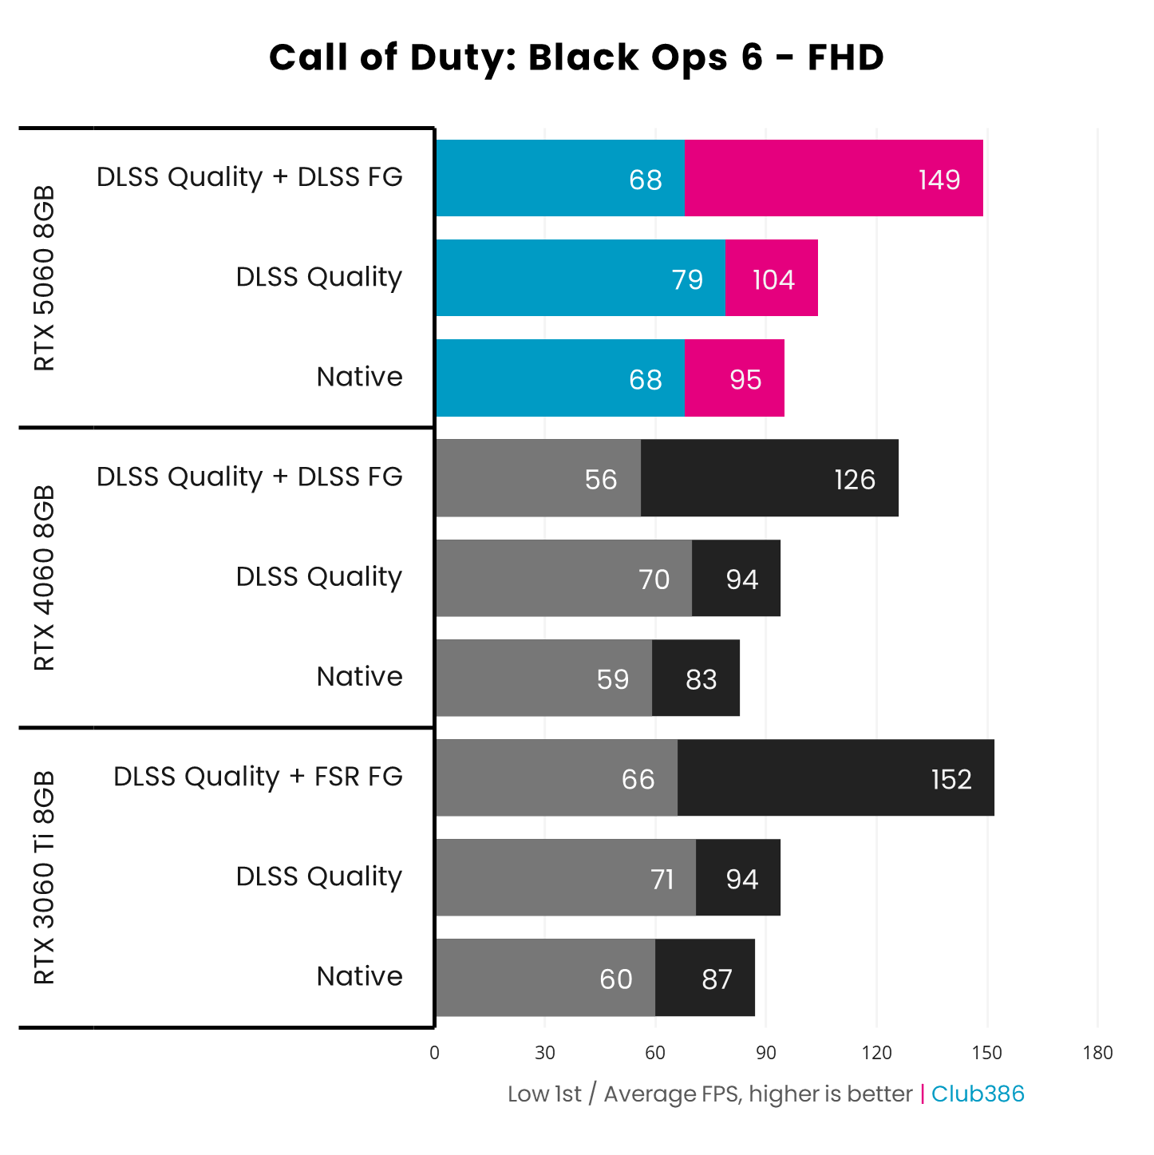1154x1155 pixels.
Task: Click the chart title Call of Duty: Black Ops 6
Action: point(576,57)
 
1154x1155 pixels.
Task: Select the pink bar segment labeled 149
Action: point(833,178)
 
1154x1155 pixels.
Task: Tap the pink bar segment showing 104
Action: point(772,279)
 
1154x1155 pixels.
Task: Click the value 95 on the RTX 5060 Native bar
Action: point(745,379)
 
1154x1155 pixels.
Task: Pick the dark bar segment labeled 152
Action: point(836,778)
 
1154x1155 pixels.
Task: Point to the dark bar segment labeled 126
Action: point(769,478)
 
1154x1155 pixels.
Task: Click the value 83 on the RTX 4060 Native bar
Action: point(701,679)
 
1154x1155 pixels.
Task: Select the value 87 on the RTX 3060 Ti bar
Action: point(717,979)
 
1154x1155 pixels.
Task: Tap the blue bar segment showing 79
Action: point(580,279)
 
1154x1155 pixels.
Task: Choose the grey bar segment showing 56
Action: point(538,478)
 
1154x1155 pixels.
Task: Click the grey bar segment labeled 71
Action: point(566,878)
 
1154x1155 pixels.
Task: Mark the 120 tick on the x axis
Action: point(876,1053)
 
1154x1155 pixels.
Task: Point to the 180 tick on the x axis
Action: point(1097,1053)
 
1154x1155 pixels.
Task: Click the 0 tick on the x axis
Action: point(434,1053)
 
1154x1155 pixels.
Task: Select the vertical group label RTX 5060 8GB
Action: point(45,278)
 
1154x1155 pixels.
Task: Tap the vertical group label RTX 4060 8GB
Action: point(45,577)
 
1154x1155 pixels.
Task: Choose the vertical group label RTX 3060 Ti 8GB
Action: point(45,876)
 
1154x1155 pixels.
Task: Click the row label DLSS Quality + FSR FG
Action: point(258,777)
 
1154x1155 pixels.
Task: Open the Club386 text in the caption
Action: point(978,1094)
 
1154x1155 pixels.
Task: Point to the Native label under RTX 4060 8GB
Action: point(359,677)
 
